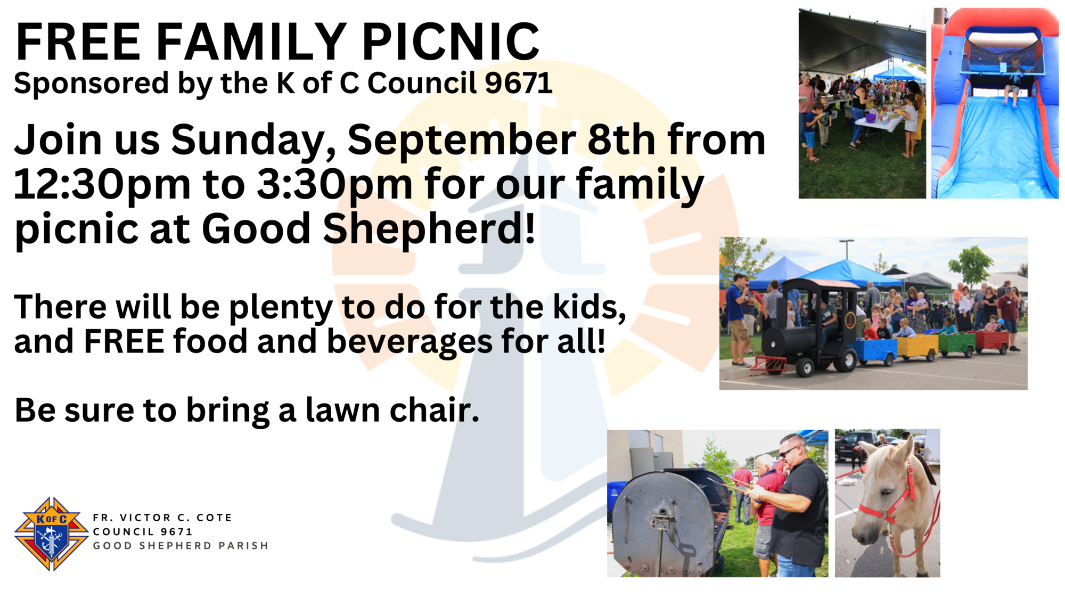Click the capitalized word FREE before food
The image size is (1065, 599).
pyautogui.click(x=124, y=341)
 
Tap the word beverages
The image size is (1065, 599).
pyautogui.click(x=409, y=342)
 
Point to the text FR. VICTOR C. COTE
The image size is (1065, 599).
pyautogui.click(x=162, y=518)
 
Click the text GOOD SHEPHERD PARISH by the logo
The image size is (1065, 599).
pyautogui.click(x=181, y=546)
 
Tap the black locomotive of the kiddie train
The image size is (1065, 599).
pyautogui.click(x=809, y=327)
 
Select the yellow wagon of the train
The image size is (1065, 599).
pyautogui.click(x=917, y=346)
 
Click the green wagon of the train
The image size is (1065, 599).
pyautogui.click(x=956, y=344)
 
